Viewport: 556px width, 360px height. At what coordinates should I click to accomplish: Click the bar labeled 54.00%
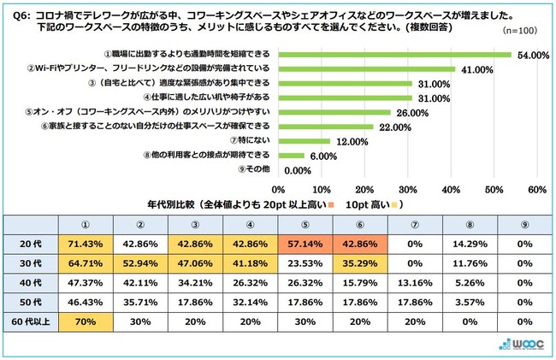[394, 54]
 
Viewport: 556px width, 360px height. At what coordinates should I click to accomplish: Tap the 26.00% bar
[334, 112]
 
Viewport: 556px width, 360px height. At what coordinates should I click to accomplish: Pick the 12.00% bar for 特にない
[304, 141]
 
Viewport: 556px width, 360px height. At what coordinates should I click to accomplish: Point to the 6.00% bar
[291, 156]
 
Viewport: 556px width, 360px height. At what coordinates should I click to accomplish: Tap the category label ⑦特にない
[248, 141]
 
